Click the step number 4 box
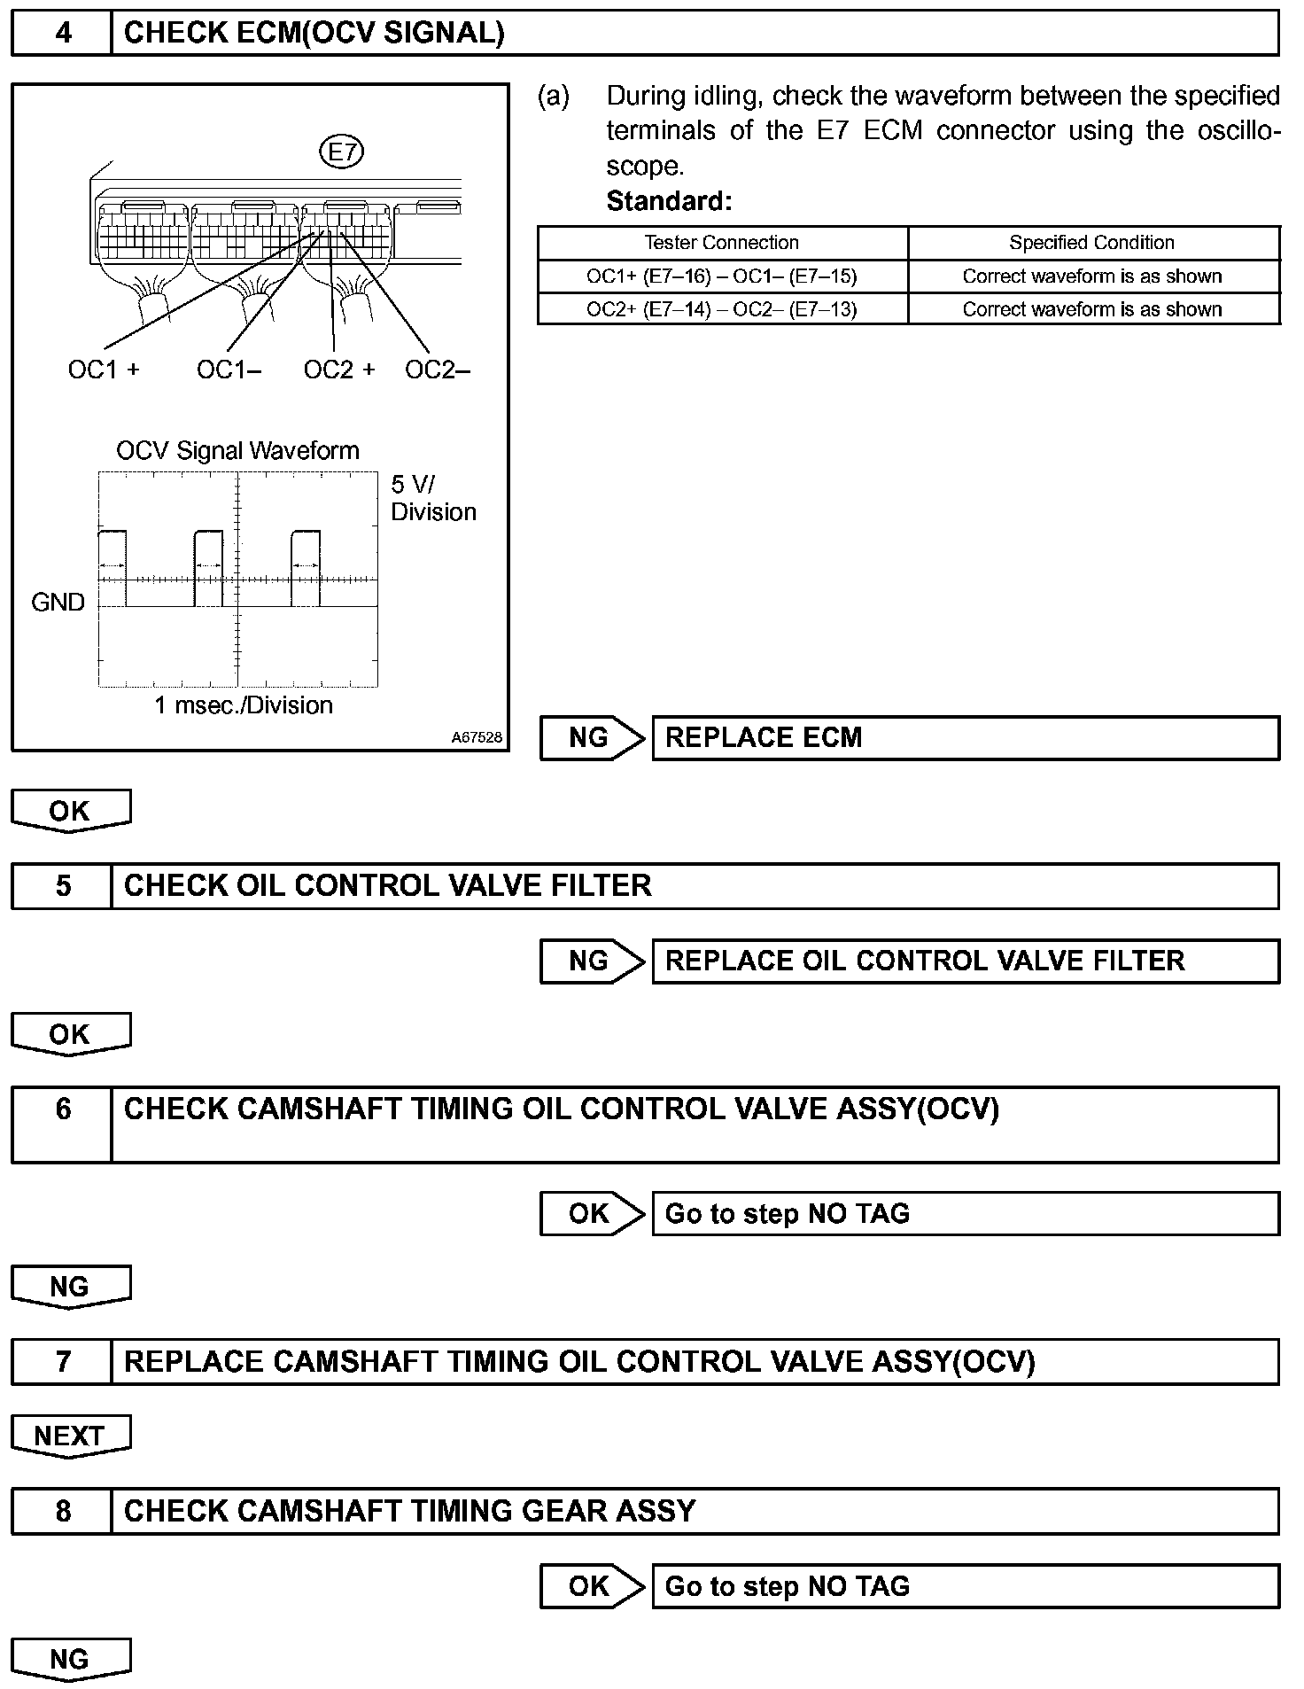click(x=62, y=34)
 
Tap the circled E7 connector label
click(x=341, y=152)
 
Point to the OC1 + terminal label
click(x=104, y=370)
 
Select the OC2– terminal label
click(x=437, y=370)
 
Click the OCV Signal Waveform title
click(x=237, y=451)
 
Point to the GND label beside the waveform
click(x=58, y=603)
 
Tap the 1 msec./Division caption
click(x=244, y=705)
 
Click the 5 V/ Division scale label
click(x=433, y=498)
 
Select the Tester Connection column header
click(x=722, y=243)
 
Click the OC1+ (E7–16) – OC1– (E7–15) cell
click(x=722, y=276)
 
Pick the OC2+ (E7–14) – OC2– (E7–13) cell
click(x=722, y=309)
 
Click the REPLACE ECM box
click(x=966, y=738)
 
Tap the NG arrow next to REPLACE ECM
click(x=592, y=738)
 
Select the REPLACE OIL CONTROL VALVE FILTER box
click(x=966, y=961)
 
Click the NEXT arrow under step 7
click(x=70, y=1436)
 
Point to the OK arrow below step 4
click(x=70, y=811)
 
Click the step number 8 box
click(x=62, y=1511)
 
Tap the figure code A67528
click(x=477, y=737)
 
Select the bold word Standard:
click(x=669, y=202)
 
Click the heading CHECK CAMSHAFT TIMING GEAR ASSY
click(x=410, y=1511)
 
